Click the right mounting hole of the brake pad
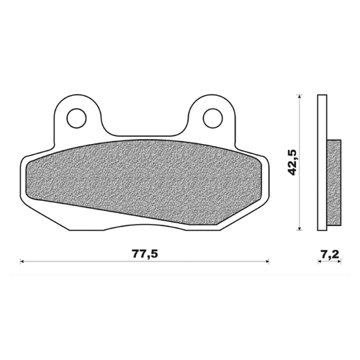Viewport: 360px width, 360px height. (211, 116)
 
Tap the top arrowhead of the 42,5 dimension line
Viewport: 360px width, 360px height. (299, 96)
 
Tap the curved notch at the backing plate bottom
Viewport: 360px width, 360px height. (144, 225)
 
